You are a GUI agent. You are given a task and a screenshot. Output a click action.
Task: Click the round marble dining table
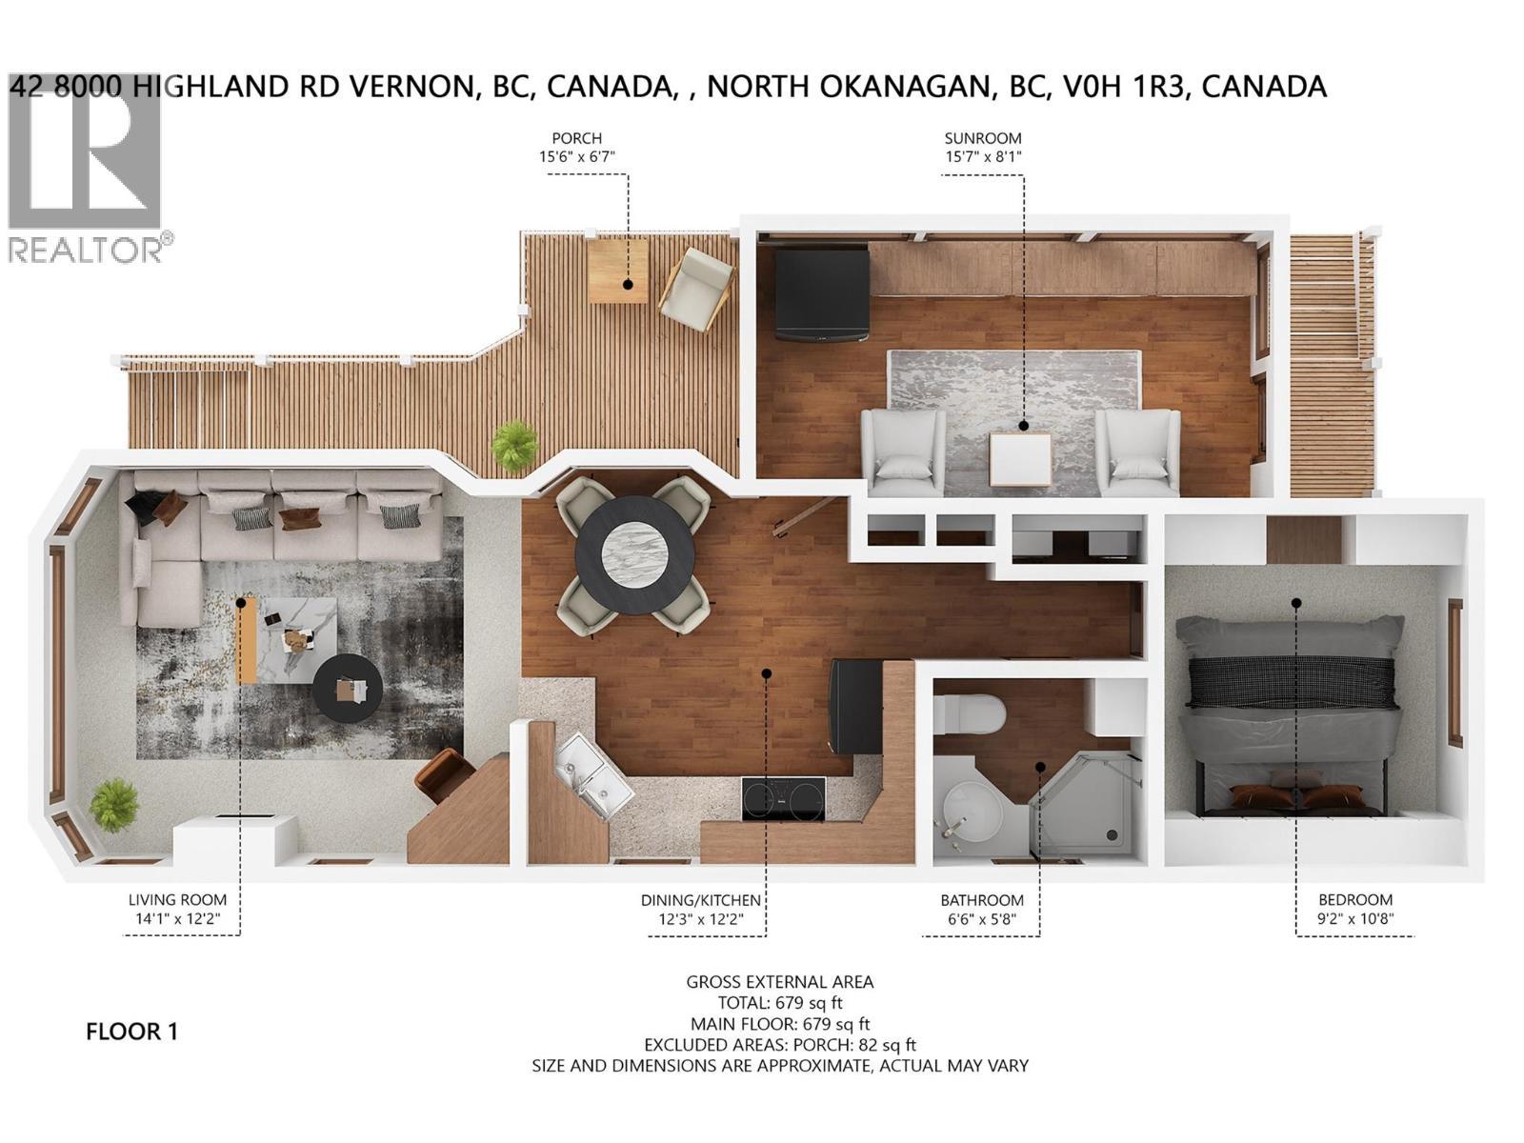coord(633,554)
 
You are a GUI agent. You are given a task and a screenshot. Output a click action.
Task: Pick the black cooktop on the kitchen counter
coord(784,798)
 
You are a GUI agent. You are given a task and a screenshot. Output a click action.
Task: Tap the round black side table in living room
coord(348,688)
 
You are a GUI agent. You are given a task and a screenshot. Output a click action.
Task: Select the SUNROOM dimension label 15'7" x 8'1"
coord(983,157)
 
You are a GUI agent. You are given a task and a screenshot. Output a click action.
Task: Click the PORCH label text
coord(577,138)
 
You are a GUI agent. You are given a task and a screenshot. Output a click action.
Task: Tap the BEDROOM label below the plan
coord(1354,899)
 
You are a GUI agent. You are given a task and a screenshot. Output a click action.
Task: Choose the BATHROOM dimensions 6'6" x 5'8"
coord(981,919)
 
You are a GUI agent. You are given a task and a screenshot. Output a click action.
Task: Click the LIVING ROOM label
coord(178,899)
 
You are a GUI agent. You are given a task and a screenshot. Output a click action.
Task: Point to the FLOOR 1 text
coord(131,1032)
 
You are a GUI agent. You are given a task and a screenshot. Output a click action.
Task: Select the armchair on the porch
coord(697,288)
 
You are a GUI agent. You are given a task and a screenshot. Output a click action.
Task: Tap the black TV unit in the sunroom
coord(821,293)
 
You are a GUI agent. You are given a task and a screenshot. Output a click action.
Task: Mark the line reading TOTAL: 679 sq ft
coord(779,1002)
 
